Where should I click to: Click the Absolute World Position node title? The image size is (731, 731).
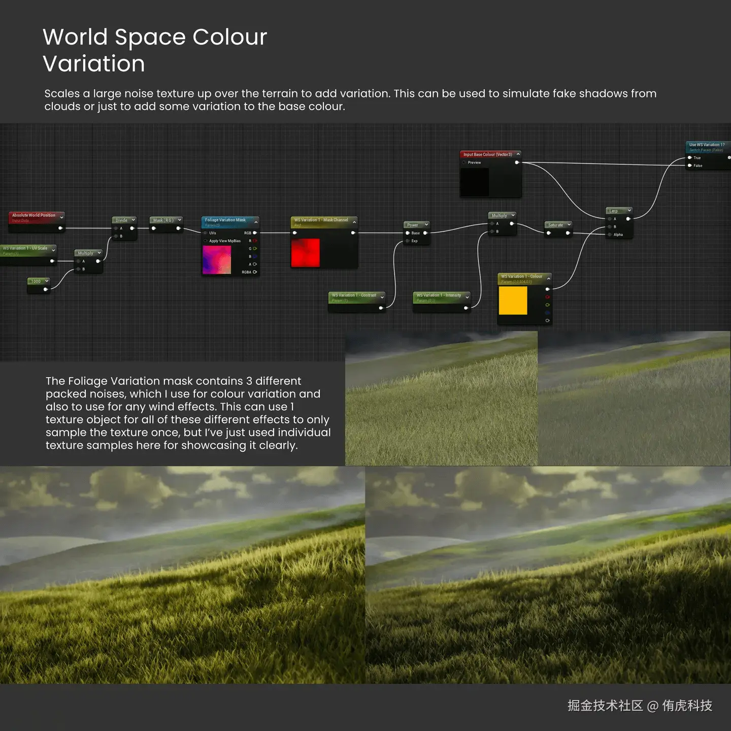point(34,215)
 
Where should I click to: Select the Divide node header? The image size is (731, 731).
point(121,220)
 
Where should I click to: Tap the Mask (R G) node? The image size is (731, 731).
point(163,220)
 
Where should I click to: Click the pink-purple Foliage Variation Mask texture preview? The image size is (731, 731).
point(217,259)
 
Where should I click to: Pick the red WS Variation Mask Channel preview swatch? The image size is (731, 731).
point(305,252)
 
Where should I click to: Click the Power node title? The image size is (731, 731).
point(413,225)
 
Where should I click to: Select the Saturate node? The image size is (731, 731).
point(555,225)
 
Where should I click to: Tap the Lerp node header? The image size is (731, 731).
point(614,211)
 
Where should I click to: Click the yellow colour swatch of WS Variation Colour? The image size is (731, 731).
point(513,301)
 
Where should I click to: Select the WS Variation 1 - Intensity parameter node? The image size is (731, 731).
point(439,295)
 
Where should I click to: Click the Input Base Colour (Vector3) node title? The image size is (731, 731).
point(487,154)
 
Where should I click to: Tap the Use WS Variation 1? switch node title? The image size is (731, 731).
point(707,145)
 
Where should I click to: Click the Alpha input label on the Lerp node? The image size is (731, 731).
point(618,235)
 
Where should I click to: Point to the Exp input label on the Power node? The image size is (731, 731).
point(415,241)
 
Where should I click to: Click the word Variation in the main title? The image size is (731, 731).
point(94,64)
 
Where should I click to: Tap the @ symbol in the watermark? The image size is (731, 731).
point(653,706)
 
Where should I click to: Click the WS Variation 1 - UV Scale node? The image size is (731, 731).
point(25,248)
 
